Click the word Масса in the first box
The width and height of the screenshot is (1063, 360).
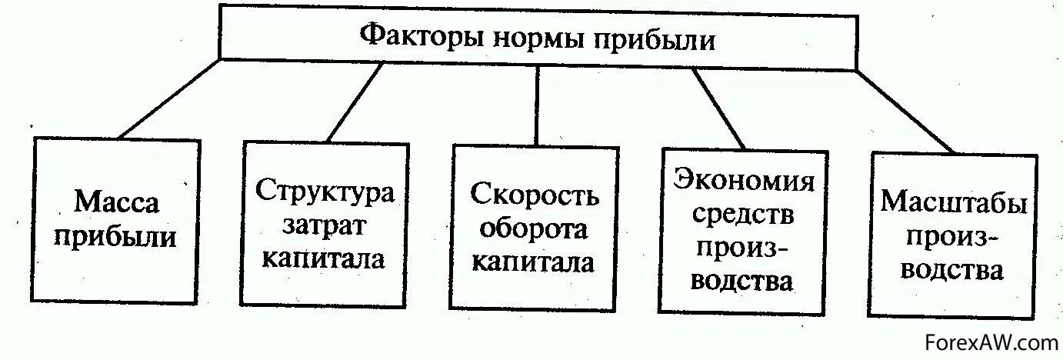click(117, 202)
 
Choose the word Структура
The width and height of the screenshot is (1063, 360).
click(325, 192)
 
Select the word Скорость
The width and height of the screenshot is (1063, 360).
click(535, 196)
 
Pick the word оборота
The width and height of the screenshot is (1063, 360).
click(534, 229)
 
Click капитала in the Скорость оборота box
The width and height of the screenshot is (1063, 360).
click(534, 262)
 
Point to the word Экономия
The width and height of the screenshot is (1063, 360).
click(744, 182)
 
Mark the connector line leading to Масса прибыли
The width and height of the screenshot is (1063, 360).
click(169, 98)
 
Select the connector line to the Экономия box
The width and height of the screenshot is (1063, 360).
click(718, 108)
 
